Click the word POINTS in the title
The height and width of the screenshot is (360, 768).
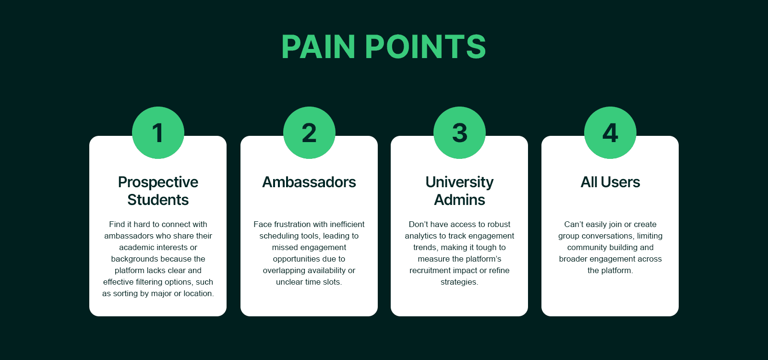425,47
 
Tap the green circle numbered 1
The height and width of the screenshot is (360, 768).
158,132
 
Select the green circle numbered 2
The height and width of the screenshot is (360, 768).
309,132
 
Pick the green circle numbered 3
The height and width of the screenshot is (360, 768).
459,132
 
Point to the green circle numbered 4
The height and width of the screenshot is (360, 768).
610,132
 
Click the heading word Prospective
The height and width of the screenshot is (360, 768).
158,182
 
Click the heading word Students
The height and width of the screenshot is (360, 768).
158,200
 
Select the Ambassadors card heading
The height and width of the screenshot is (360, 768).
309,182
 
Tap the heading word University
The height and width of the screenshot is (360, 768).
459,182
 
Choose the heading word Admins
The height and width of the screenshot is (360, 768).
459,200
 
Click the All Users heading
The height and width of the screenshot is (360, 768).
610,182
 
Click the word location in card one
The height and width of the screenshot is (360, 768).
197,293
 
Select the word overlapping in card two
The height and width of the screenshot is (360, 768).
283,270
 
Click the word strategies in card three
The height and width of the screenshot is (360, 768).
459,282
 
